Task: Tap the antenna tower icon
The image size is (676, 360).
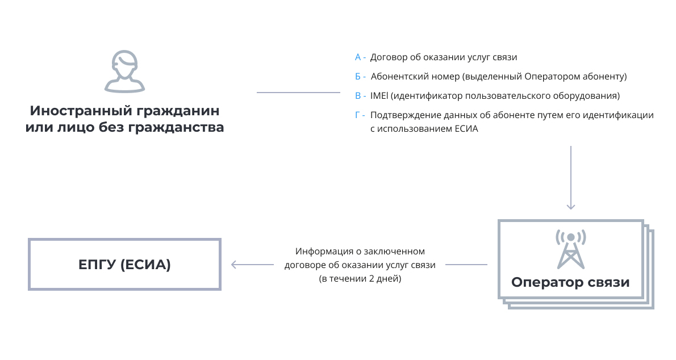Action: click(571, 249)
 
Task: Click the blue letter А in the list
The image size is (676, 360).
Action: click(358, 57)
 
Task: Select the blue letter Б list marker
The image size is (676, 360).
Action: click(358, 77)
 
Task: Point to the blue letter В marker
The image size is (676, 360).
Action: click(358, 96)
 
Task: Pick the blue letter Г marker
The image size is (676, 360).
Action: click(357, 115)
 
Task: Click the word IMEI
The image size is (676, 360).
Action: click(379, 96)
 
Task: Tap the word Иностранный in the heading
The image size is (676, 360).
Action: click(80, 111)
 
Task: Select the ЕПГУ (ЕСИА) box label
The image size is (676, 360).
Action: click(124, 264)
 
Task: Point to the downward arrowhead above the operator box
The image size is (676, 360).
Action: click(571, 206)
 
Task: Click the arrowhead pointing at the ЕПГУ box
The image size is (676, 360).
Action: click(234, 265)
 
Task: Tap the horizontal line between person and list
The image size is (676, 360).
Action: click(298, 92)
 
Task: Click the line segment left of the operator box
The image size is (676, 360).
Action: click(466, 265)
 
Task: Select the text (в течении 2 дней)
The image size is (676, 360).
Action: click(360, 279)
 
